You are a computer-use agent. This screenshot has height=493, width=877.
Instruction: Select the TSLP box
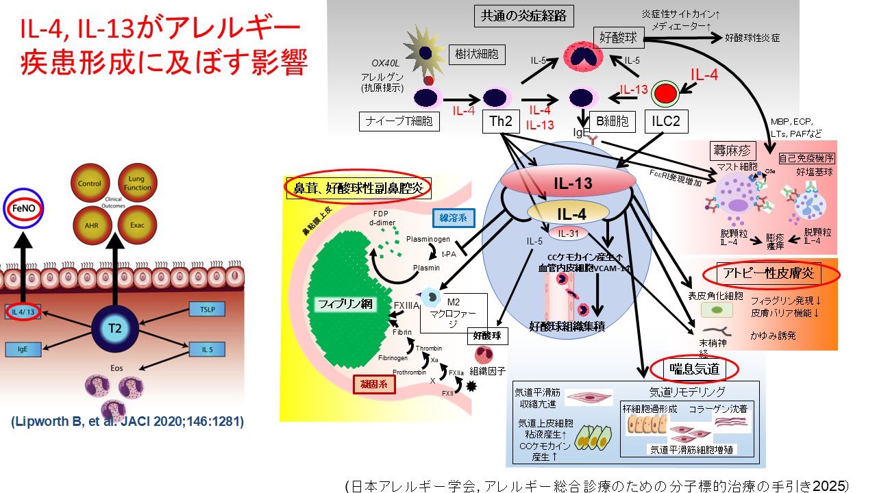[208, 309]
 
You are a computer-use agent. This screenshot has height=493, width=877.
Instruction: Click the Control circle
[90, 184]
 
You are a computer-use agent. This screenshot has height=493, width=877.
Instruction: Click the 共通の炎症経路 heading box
[524, 14]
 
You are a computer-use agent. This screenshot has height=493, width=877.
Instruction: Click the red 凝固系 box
[374, 384]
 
